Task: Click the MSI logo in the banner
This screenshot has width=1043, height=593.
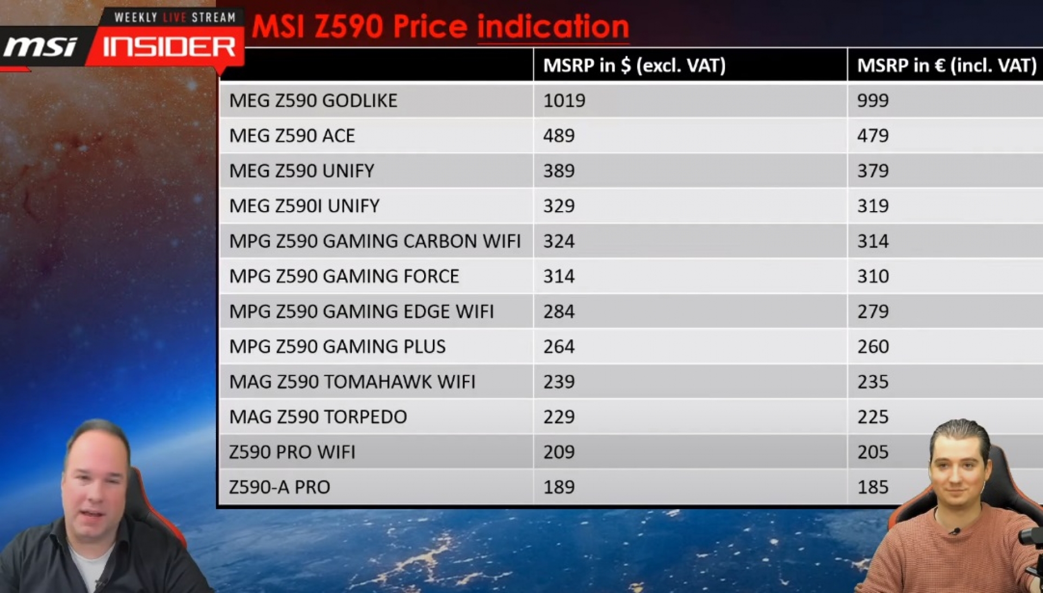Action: coord(40,47)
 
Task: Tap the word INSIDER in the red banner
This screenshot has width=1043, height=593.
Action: coord(169,47)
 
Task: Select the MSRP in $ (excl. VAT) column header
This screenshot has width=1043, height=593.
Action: coord(634,65)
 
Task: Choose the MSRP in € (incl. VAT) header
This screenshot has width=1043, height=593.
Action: coord(947,65)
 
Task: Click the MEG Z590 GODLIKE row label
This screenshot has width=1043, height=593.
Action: coord(313,101)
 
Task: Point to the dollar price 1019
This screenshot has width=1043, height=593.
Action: coord(564,101)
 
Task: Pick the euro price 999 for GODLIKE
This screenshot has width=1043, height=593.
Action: coord(873,101)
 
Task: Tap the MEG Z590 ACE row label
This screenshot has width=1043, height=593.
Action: coord(292,135)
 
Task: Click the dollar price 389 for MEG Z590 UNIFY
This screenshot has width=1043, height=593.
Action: coord(559,171)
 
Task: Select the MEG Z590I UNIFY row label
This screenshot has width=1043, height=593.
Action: coord(305,206)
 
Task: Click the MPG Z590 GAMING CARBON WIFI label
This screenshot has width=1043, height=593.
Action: coord(375,241)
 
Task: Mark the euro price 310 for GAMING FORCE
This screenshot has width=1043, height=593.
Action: coord(873,276)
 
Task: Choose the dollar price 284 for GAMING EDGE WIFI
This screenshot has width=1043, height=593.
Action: coord(559,311)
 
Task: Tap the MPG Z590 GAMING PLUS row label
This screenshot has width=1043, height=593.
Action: coord(337,347)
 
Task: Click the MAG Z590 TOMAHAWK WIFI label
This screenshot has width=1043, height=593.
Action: coord(352,382)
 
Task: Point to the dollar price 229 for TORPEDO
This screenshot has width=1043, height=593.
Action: coord(559,417)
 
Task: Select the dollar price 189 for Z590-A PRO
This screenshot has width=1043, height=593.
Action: coord(559,487)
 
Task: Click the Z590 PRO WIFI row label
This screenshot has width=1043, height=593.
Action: coord(292,452)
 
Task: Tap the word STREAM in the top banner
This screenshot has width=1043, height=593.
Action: coord(214,17)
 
